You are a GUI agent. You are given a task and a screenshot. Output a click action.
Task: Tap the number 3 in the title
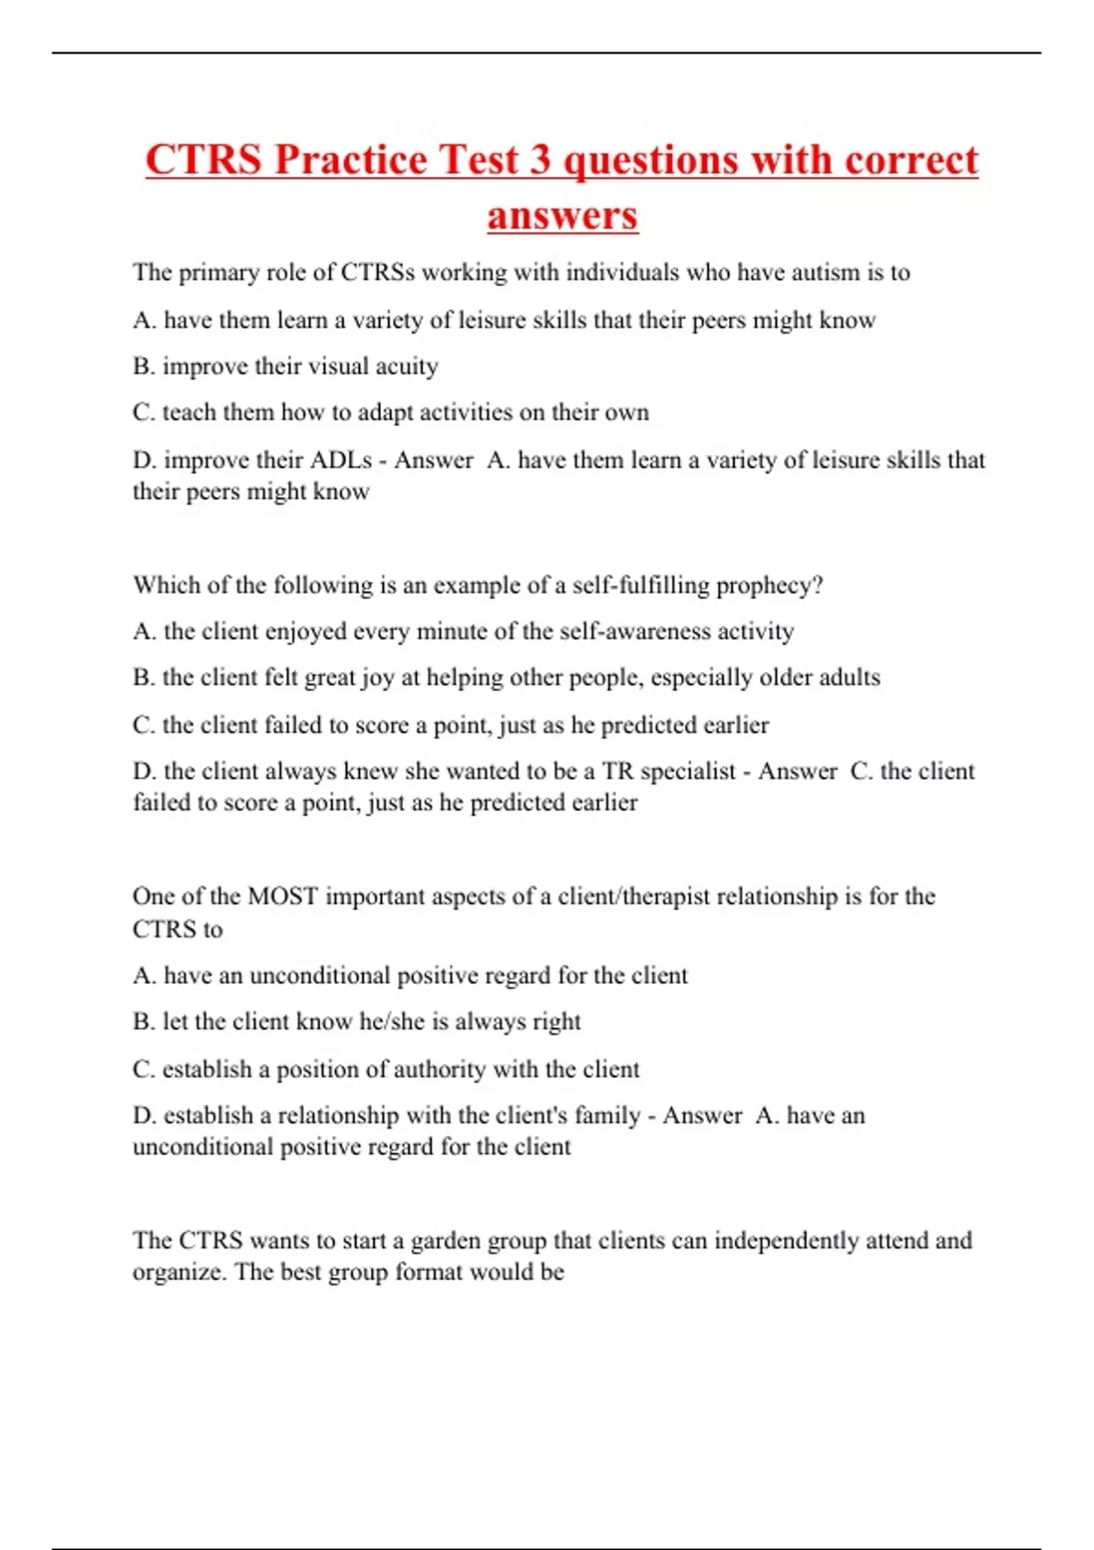[x=540, y=160]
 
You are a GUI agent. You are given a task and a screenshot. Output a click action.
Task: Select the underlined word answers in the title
[x=562, y=216]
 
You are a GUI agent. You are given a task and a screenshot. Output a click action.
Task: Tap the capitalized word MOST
[x=283, y=897]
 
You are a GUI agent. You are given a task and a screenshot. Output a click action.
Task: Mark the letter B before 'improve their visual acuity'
[x=142, y=367]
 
